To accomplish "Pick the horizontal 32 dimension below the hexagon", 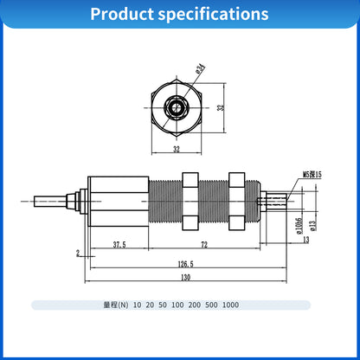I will click(x=177, y=149).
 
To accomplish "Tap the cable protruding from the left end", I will click(x=52, y=202).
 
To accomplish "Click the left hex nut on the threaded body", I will click(x=190, y=201).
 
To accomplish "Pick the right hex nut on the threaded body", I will click(x=236, y=201).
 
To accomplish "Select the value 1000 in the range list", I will click(x=230, y=305).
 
